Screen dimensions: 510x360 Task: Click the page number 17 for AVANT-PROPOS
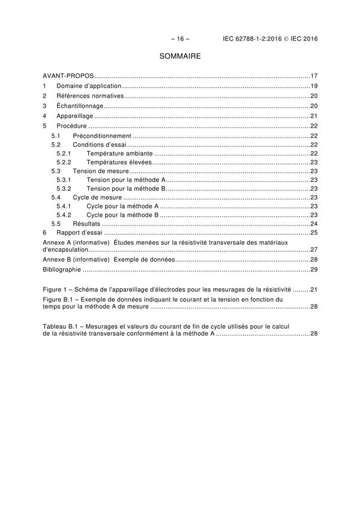tap(313, 76)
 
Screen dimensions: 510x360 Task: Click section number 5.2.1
tap(64, 154)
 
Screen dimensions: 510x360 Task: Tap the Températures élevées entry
tap(119, 163)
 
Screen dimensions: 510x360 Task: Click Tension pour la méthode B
tap(125, 188)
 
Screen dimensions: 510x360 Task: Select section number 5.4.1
tap(64, 206)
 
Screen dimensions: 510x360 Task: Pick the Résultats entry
tap(86, 223)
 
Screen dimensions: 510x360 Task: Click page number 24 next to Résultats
tap(313, 223)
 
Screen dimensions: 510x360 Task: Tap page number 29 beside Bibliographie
tap(313, 269)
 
